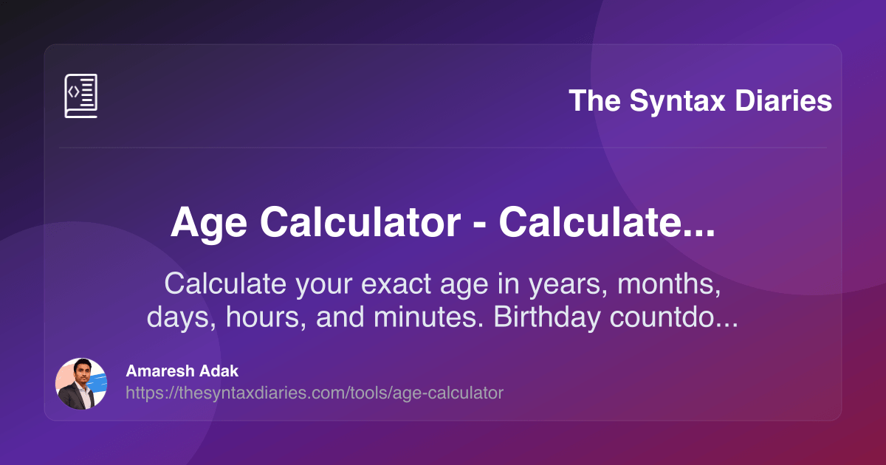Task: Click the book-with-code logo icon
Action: tap(80, 96)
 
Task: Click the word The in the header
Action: tap(594, 100)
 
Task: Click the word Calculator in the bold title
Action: tap(360, 222)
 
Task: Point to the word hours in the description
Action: tap(261, 317)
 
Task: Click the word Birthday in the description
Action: tap(546, 317)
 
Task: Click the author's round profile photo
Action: tap(81, 384)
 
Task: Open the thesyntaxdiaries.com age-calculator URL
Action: tap(315, 393)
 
